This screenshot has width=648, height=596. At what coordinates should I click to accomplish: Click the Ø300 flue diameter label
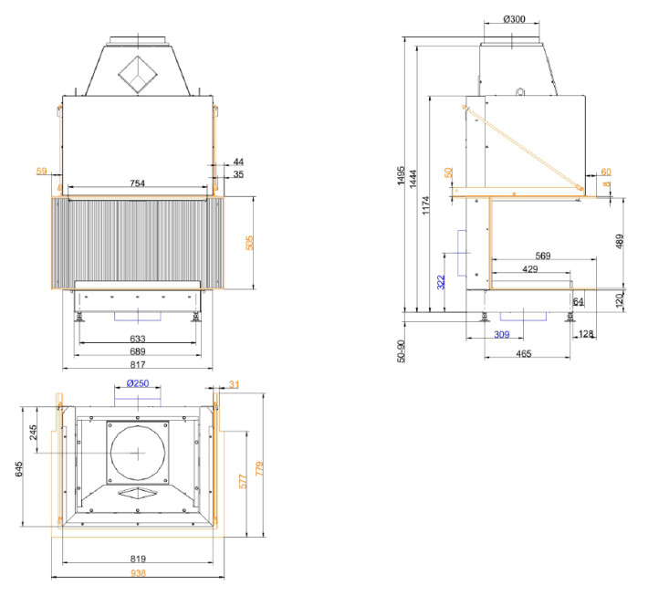pos(515,19)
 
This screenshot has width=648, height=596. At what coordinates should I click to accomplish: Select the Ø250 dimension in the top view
pos(137,382)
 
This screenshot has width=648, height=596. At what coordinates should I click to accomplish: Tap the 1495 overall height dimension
pos(400,177)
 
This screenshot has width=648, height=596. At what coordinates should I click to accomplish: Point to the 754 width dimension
pos(139,183)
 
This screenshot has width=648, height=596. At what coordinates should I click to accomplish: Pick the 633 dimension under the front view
pos(139,338)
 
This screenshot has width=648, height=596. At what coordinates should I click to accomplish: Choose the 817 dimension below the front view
pos(137,364)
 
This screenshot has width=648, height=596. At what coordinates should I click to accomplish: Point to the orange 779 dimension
pos(261,472)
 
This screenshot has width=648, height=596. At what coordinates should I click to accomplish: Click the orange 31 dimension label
pos(234,383)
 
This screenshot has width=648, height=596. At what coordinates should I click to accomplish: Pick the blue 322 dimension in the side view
pos(442,283)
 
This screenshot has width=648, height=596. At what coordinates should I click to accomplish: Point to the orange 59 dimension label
pos(41,170)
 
